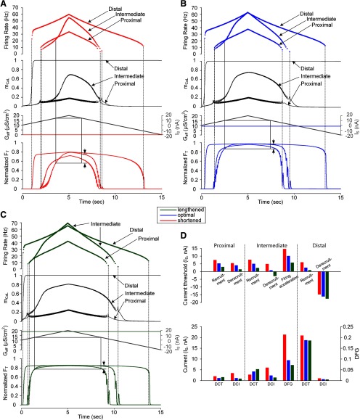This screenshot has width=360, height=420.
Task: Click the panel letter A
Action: [x=5, y=5]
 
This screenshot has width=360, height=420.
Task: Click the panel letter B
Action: [x=187, y=5]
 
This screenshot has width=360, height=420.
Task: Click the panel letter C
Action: [x=5, y=215]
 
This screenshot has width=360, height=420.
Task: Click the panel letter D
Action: [x=187, y=215]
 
